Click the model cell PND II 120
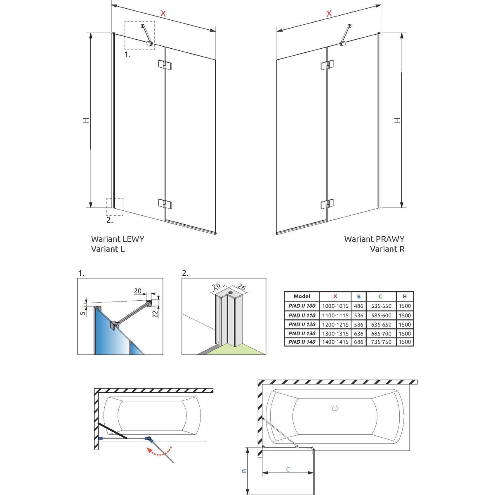pos(302,325)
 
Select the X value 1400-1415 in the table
pos(335,342)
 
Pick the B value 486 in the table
pos(358,306)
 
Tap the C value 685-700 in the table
pos(381,333)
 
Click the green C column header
pos(380,296)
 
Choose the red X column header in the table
pos(335,296)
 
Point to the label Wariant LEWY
pos(118,239)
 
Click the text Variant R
pos(387,249)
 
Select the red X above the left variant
pos(163,14)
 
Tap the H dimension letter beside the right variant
pos(397,120)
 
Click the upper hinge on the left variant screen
pos(165,65)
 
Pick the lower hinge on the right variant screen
pos(327,204)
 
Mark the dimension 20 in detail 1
pos(138,291)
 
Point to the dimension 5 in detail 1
pos(83,313)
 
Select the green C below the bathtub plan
pos(288,469)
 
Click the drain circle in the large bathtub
pos(335,409)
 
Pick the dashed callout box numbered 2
pos(115,207)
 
